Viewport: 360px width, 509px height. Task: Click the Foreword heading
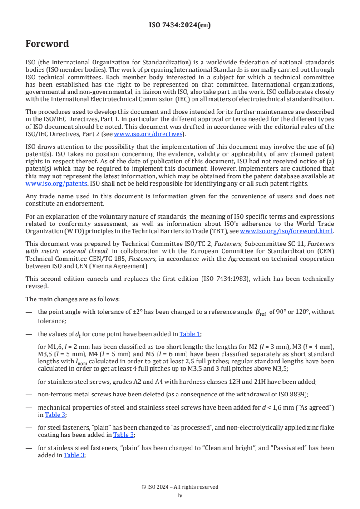[x=47, y=44]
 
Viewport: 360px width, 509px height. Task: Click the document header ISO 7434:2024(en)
[x=180, y=25]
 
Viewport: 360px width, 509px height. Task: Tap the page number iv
[x=180, y=495]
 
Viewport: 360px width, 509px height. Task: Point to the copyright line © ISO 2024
[x=180, y=487]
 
